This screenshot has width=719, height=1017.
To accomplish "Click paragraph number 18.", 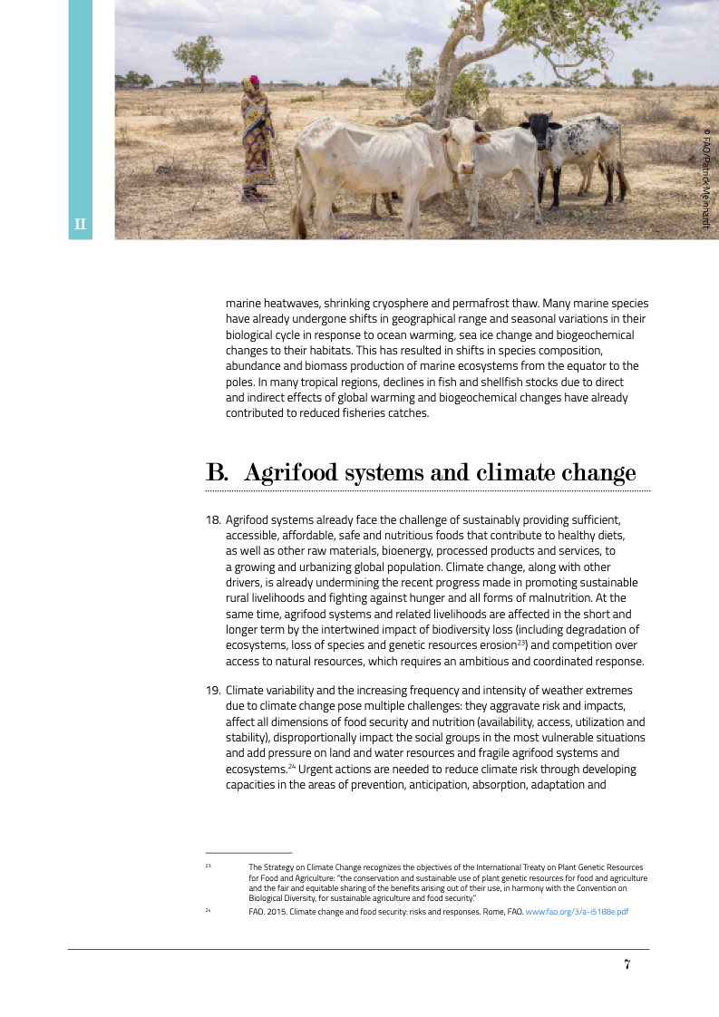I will pos(213,520).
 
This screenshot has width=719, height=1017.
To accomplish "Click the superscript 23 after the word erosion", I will pos(520,643).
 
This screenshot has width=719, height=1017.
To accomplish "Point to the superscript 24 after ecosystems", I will pos(292,767).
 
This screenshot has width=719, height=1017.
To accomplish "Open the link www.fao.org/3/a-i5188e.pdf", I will pos(578,912).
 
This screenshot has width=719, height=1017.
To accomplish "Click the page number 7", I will pos(627,964).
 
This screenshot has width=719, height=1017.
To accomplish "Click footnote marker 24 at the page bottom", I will pos(209,911).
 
